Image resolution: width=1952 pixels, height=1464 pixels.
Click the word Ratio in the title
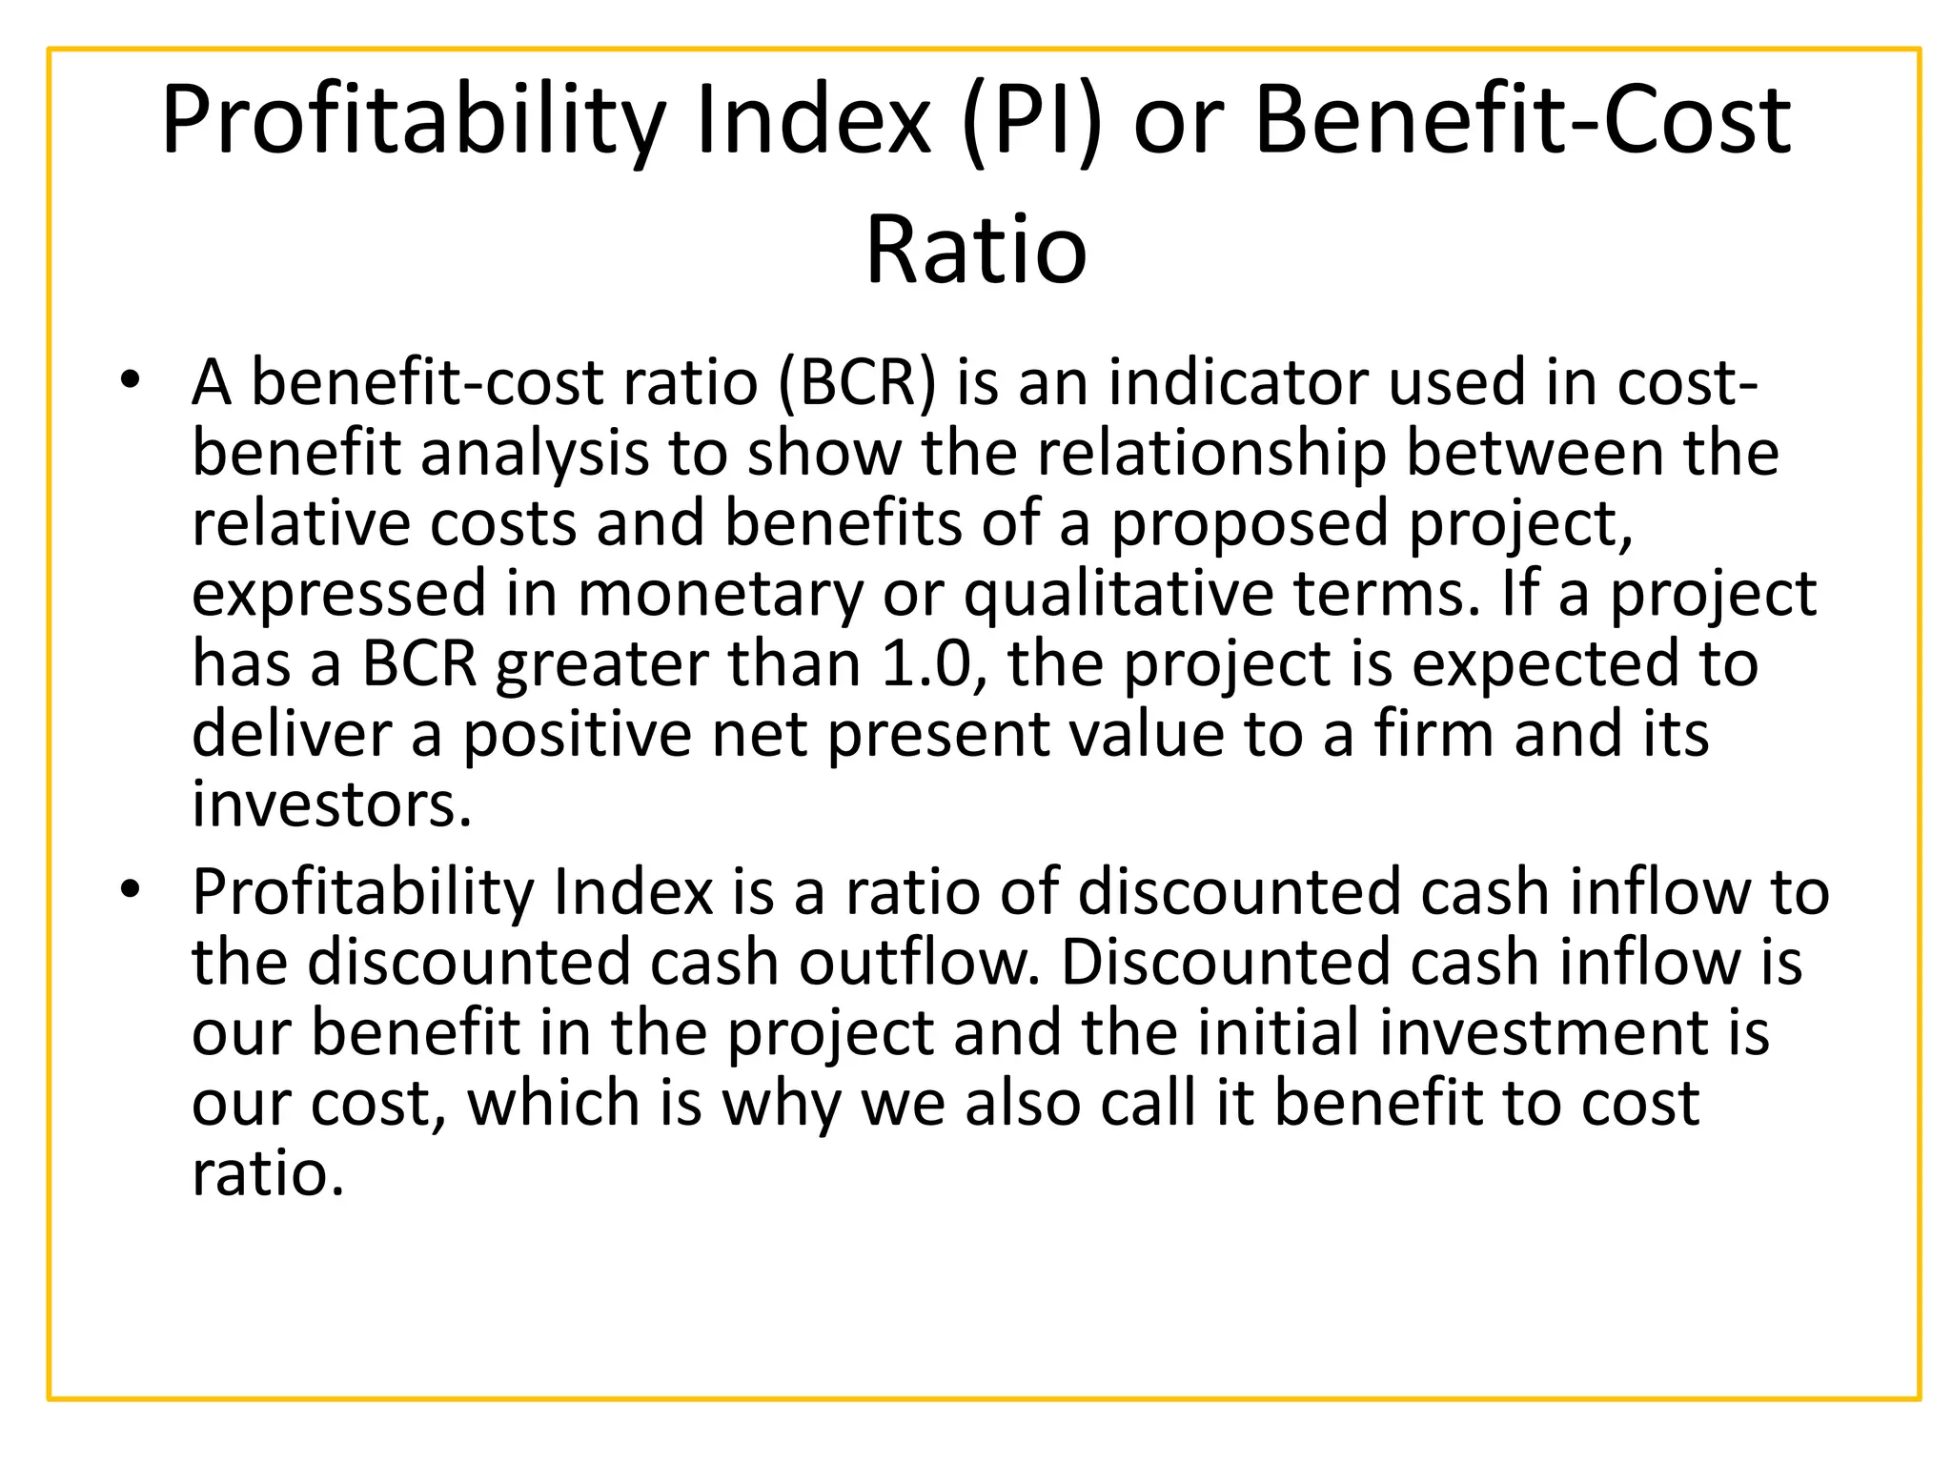point(976,250)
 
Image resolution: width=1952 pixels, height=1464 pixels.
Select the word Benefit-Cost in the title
point(1522,121)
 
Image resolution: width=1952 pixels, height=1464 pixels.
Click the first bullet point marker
point(131,381)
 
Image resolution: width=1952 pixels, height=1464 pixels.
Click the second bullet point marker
point(131,891)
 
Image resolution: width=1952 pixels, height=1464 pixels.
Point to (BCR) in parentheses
point(857,382)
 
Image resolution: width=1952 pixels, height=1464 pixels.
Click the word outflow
point(920,962)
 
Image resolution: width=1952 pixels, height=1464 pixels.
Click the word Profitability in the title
point(414,121)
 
